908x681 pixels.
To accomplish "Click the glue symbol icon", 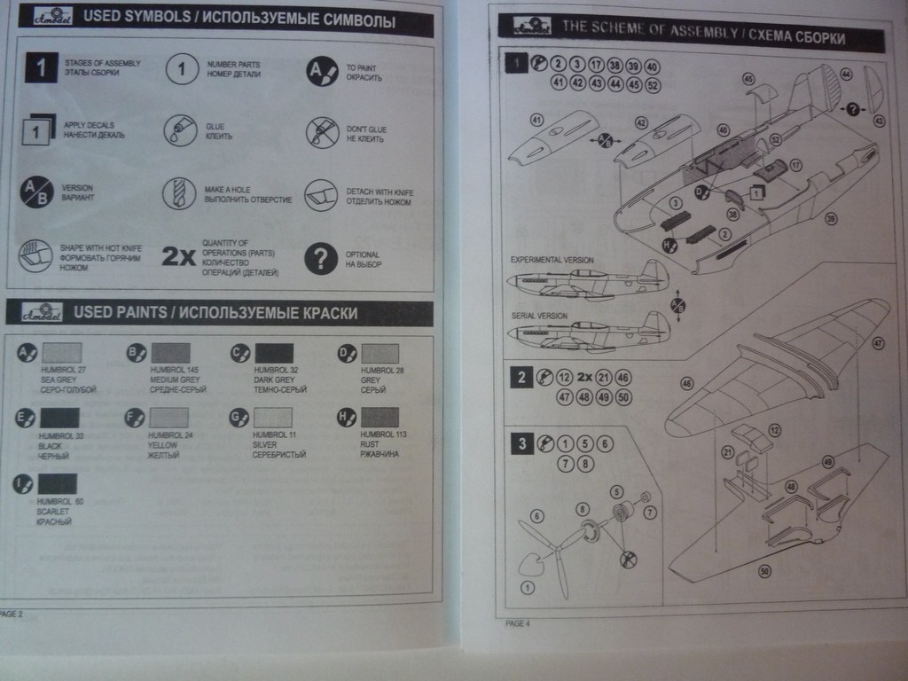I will coord(180,131).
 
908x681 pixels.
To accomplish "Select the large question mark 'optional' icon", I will coord(320,259).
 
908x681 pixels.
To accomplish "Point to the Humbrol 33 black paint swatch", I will coord(59,418).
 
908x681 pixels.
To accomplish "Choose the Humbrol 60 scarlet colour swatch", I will coord(57,483).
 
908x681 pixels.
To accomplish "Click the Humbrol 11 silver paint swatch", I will coord(273,417).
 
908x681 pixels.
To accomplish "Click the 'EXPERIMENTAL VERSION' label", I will coord(552,260).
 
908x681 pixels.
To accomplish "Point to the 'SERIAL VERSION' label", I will coord(540,316).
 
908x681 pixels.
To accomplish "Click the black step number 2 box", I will coord(521,377).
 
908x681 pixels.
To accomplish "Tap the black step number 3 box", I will coord(521,443).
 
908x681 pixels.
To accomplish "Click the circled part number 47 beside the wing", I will coord(878,342).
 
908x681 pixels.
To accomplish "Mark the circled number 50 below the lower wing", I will coord(764,572).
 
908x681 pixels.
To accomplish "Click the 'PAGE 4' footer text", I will coord(518,623).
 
